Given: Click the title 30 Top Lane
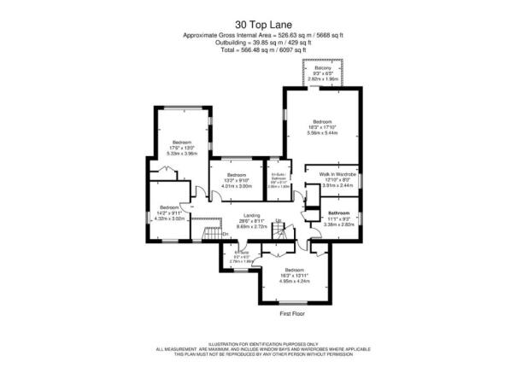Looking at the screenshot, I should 263,25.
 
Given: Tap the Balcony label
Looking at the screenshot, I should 323,68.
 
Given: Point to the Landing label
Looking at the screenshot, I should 251,215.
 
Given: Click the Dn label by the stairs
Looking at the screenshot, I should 202,232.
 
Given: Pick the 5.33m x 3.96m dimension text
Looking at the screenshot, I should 182,154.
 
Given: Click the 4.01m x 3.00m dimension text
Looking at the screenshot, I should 237,185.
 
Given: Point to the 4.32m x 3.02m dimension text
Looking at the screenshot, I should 168,219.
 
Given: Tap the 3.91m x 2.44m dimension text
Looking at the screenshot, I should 331,185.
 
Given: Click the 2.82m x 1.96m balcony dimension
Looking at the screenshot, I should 323,79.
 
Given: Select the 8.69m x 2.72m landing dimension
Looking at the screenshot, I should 251,226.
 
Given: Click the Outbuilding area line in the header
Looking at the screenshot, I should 263,43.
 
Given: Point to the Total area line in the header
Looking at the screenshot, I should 263,50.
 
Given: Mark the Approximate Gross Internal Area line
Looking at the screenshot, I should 263,35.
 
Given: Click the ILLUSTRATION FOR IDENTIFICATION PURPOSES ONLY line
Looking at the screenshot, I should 263,341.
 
